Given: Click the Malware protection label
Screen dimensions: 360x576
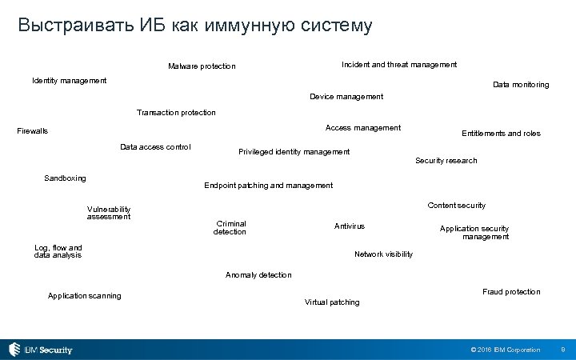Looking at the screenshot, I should tap(202, 66).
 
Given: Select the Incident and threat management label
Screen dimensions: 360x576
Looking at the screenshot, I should tap(399, 64).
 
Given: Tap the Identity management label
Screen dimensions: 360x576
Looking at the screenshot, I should tap(69, 80).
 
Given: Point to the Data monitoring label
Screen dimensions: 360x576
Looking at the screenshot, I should tap(521, 84).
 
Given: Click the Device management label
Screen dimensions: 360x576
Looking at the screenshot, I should tap(346, 96).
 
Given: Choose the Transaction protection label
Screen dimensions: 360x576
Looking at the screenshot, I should tap(176, 112).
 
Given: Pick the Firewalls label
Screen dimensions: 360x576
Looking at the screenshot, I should tap(33, 130).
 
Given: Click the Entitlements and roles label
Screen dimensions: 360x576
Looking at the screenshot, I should tap(501, 133).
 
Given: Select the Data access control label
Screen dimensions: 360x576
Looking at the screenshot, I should tap(155, 146).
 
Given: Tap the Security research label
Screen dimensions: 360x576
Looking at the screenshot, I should tap(446, 160).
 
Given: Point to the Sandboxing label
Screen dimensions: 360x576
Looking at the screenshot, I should tap(65, 178).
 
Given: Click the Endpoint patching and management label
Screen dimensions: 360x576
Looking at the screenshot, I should tap(268, 185).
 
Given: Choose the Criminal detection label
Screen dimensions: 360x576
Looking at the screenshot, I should tap(230, 227).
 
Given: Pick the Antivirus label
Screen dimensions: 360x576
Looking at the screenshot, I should tap(349, 226).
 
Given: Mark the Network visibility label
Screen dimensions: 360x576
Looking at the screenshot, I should tap(383, 254).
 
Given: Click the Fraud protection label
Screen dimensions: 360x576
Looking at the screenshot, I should tap(511, 291).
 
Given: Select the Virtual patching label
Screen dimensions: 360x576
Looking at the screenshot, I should tap(332, 302).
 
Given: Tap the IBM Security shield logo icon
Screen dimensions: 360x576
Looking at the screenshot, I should tap(15, 350).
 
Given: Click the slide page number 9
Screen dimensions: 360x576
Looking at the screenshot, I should tap(563, 350).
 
